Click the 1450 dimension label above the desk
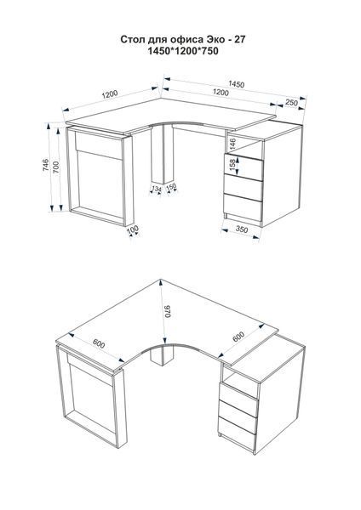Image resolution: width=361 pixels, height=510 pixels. pos(236,84)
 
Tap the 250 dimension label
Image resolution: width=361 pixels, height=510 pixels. pos(291,103)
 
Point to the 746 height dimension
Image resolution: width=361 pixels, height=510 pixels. pos(46,165)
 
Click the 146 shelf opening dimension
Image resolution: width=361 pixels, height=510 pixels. pos(232,144)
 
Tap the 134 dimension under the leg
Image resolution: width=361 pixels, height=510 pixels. pos(157,188)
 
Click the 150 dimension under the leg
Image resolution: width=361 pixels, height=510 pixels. pos(171,187)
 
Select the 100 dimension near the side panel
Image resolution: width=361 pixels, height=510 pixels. pos(133,229)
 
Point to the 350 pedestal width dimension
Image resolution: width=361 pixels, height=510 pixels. pos(242,229)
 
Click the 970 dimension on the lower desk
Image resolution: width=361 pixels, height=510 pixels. pos(168,312)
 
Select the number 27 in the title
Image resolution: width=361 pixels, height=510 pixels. pos(240,40)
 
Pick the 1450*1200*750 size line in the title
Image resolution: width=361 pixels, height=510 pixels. pos(183,51)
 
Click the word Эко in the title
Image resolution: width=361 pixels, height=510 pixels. pos(215,40)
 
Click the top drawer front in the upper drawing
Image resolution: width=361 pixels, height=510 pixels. pos(243,167)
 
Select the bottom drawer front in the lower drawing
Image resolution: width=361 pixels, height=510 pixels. pos(236,433)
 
